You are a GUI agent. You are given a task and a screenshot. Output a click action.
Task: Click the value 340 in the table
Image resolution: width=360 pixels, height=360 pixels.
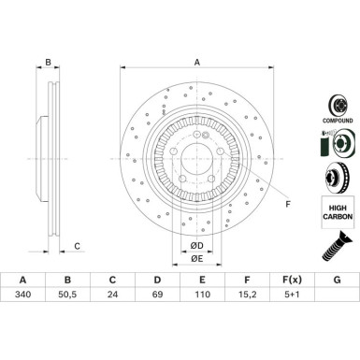point(23,295)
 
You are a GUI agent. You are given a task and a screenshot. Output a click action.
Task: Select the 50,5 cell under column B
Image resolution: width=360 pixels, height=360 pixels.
point(67,295)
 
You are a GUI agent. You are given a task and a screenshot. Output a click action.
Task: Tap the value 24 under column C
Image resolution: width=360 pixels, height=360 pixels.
point(112,295)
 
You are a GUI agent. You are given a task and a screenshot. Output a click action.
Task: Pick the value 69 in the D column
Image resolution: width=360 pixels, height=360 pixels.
point(157,295)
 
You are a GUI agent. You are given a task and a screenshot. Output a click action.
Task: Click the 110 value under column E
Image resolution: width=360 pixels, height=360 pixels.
point(202,295)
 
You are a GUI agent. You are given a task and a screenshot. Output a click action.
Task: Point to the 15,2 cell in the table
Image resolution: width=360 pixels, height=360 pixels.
point(247,295)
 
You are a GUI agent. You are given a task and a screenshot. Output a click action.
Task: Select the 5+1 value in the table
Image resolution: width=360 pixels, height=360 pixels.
point(292,295)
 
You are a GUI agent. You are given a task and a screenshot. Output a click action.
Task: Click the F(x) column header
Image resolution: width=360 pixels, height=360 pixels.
point(292,280)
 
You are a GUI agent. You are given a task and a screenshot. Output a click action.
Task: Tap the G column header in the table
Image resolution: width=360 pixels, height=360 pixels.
point(337,280)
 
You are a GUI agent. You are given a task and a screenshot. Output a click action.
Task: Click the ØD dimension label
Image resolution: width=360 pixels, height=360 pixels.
point(196,246)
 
